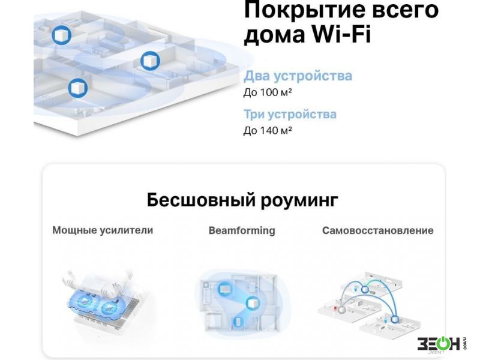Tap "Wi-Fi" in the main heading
click(x=341, y=34)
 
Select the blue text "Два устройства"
click(x=298, y=76)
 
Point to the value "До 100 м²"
click(x=268, y=92)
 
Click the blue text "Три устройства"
click(x=290, y=114)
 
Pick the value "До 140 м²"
click(x=268, y=130)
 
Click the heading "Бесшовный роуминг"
click(x=242, y=200)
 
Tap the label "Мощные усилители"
click(x=103, y=230)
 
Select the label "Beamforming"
click(x=242, y=230)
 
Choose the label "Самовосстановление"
click(x=378, y=230)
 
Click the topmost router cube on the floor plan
click(x=62, y=35)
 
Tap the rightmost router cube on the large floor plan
click(x=150, y=61)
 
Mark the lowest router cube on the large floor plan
click(x=78, y=88)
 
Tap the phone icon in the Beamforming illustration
click(x=238, y=322)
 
